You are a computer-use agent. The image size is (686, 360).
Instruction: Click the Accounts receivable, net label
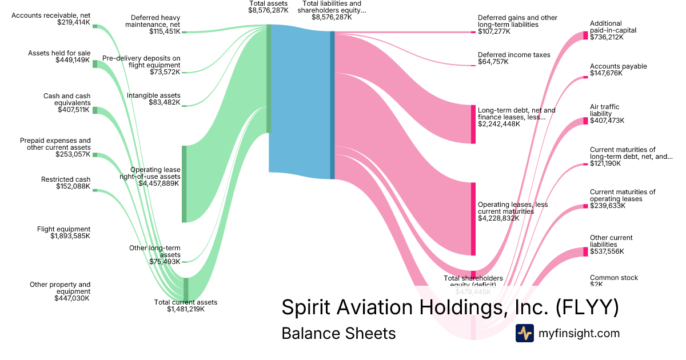click(x=50, y=15)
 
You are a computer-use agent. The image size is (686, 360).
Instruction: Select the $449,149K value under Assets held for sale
click(x=73, y=60)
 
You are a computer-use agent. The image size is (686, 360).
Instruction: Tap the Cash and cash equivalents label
click(x=67, y=99)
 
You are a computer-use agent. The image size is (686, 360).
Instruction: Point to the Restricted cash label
click(x=66, y=179)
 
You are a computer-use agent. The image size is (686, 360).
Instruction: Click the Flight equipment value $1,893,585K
click(x=70, y=236)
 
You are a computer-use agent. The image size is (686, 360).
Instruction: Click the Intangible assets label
click(x=153, y=95)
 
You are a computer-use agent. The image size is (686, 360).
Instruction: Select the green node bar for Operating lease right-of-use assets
click(x=184, y=183)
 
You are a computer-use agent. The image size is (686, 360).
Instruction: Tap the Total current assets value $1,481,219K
click(x=186, y=309)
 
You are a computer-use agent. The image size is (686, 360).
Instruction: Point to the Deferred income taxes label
click(x=514, y=55)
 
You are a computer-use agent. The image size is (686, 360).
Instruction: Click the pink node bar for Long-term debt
click(x=473, y=124)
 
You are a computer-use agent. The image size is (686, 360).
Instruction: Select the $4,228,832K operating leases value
click(x=498, y=218)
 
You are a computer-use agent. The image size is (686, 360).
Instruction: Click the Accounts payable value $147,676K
click(x=607, y=73)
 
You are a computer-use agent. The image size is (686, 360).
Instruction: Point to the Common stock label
click(x=614, y=278)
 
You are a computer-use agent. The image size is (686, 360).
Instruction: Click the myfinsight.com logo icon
click(x=524, y=333)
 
